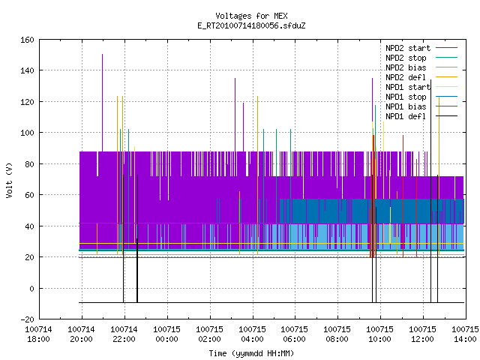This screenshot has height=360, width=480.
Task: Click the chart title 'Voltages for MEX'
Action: click(251, 16)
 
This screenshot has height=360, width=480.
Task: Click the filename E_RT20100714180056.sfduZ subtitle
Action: click(251, 25)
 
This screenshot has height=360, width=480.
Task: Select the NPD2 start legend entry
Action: click(421, 48)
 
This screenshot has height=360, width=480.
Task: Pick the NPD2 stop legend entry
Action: click(421, 58)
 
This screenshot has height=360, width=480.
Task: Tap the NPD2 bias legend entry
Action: click(421, 67)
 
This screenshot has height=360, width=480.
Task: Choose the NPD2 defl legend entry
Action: click(421, 77)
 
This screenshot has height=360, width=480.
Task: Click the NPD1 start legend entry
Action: click(421, 87)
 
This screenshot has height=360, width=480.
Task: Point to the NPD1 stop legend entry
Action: click(421, 97)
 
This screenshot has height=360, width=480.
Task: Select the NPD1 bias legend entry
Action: click(421, 106)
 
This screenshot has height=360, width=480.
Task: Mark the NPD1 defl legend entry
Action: click(421, 117)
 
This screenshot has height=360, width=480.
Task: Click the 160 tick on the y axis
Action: click(27, 40)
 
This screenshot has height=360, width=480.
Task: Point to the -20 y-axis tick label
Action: click(27, 319)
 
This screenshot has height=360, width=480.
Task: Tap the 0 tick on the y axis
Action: click(31, 288)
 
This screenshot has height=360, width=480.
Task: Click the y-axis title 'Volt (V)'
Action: click(9, 180)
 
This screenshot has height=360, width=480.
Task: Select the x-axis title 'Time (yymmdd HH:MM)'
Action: click(251, 353)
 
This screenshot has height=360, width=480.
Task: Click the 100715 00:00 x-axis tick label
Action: click(166, 334)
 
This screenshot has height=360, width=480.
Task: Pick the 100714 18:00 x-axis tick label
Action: click(38, 334)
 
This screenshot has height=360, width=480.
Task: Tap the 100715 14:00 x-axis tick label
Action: click(465, 334)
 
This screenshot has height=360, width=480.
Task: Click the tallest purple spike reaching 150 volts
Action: click(102, 103)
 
